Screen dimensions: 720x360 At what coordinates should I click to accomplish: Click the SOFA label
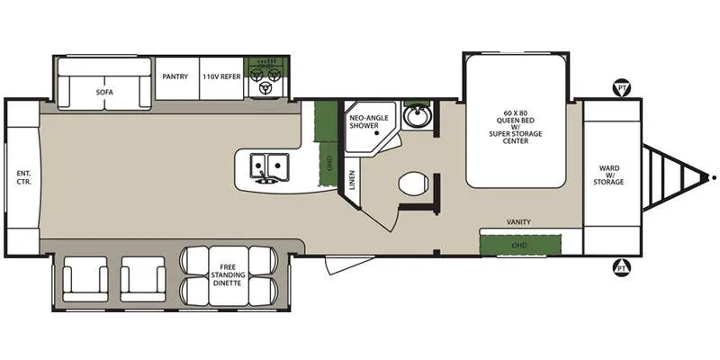click(x=104, y=92)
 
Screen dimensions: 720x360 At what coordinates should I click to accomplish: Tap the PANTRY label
click(x=175, y=76)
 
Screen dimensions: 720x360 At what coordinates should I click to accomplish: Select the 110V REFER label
click(x=221, y=76)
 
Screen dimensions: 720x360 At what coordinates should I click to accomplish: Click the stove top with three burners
click(x=265, y=77)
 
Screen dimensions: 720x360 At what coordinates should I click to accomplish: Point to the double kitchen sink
click(x=269, y=166)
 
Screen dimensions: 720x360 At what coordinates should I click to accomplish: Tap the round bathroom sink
click(x=417, y=115)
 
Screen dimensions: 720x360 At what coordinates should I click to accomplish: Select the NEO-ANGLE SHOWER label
click(x=369, y=121)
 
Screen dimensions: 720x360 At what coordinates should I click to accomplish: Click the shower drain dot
click(x=376, y=133)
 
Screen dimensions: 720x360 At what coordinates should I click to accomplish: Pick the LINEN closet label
click(x=352, y=179)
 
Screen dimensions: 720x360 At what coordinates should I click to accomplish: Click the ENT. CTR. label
click(x=24, y=177)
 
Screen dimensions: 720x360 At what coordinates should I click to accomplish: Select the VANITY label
click(x=519, y=221)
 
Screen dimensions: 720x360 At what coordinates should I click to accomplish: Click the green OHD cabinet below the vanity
click(x=520, y=245)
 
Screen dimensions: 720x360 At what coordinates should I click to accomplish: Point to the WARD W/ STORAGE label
click(x=608, y=175)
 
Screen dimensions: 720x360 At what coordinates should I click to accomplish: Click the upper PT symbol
click(x=622, y=87)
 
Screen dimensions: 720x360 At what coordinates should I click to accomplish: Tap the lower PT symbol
click(x=622, y=267)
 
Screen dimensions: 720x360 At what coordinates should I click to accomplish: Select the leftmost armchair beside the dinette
click(x=85, y=279)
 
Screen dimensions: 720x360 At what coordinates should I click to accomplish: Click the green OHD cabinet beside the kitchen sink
click(x=328, y=164)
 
